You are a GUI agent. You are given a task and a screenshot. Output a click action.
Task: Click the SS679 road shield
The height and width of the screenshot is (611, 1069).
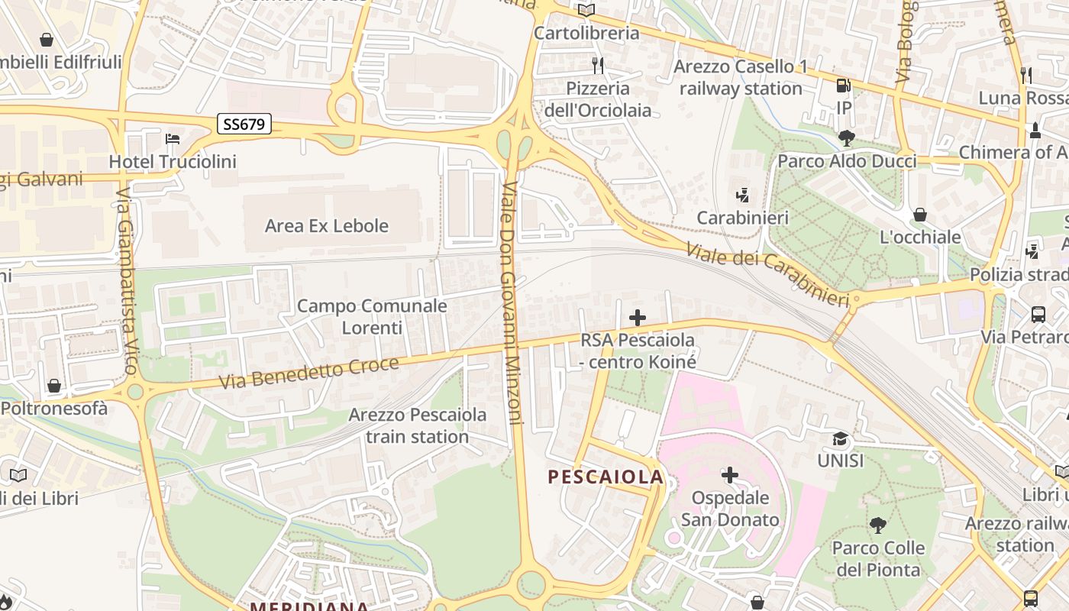[244, 124]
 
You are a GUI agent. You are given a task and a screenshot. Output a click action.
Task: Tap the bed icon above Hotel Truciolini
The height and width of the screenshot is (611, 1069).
[173, 139]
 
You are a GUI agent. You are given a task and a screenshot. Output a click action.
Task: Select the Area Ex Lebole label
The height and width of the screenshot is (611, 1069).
[326, 226]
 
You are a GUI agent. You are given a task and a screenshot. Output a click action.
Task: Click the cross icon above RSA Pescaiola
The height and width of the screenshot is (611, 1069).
[638, 318]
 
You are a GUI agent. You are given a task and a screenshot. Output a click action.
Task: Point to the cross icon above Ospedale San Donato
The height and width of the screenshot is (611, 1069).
[730, 475]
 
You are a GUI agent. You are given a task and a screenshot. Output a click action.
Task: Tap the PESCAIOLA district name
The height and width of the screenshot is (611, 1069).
[606, 477]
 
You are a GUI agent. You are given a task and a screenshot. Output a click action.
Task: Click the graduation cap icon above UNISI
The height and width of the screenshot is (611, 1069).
[840, 439]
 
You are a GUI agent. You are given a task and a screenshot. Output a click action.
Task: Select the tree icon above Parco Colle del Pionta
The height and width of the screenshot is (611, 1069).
[878, 525]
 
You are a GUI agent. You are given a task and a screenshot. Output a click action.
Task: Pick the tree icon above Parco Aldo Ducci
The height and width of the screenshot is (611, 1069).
[846, 138]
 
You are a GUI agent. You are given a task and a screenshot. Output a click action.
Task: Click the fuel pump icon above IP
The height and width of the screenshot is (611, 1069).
[843, 86]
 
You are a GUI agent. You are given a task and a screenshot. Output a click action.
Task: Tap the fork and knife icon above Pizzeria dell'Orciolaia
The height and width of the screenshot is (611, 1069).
[598, 66]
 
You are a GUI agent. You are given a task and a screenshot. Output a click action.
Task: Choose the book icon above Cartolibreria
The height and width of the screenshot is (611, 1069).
[586, 11]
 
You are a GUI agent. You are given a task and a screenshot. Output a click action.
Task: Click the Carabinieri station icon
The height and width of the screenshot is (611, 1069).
[742, 196]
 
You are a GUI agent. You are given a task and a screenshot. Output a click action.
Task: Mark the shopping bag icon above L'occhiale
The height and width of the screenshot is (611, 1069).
[920, 215]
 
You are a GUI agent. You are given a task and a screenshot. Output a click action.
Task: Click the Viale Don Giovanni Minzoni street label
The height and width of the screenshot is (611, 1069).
[512, 303]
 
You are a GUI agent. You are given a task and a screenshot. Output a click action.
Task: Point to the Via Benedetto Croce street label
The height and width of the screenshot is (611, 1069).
[308, 373]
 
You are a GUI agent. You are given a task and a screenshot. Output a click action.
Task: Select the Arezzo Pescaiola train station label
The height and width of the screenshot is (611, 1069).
[417, 426]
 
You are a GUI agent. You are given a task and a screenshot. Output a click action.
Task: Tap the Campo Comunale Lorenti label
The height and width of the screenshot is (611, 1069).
[372, 317]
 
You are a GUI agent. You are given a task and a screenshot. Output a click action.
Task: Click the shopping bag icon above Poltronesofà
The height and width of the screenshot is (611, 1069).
[53, 386]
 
